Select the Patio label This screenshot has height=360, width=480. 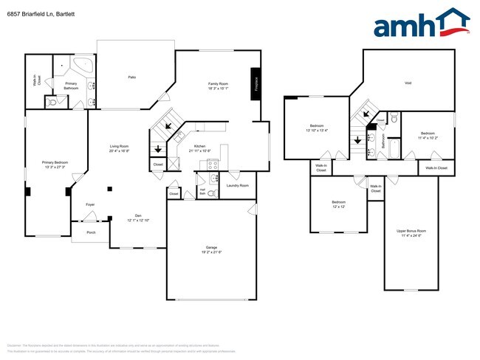click(131, 77)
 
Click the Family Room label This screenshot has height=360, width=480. click(217, 85)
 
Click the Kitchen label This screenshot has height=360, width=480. click(200, 146)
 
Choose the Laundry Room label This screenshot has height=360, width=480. click(237, 185)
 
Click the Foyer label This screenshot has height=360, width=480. click(89, 204)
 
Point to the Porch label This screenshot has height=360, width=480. click(91, 232)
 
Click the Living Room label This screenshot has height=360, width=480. click(120, 146)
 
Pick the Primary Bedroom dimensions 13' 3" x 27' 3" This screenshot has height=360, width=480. click(55, 167)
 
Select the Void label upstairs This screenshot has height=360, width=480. click(408, 83)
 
